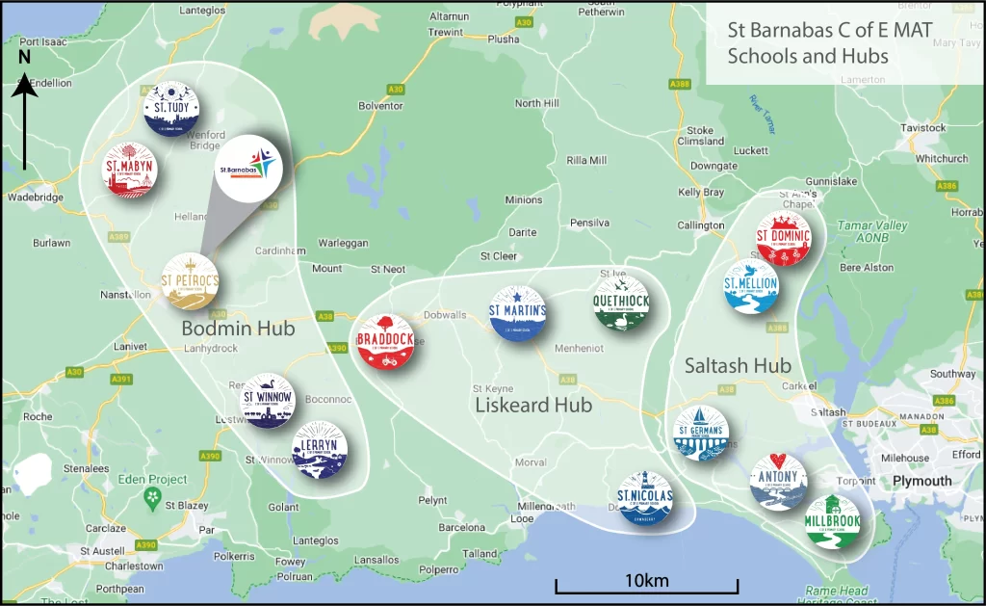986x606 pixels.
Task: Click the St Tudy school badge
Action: click(171, 109)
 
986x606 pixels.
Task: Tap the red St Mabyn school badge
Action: click(129, 170)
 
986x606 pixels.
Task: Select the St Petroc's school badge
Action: click(190, 281)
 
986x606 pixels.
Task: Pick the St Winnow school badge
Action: click(267, 401)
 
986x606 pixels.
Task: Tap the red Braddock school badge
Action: click(385, 341)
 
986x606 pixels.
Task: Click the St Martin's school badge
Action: click(518, 314)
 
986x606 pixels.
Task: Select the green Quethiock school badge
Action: click(621, 303)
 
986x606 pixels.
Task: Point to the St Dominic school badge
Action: click(784, 238)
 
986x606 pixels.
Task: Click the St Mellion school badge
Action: click(751, 286)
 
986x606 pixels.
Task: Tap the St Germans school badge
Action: click(701, 433)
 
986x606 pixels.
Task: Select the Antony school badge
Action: click(778, 481)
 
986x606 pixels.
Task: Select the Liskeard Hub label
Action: click(533, 406)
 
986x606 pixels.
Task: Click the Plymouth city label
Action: click(921, 481)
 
